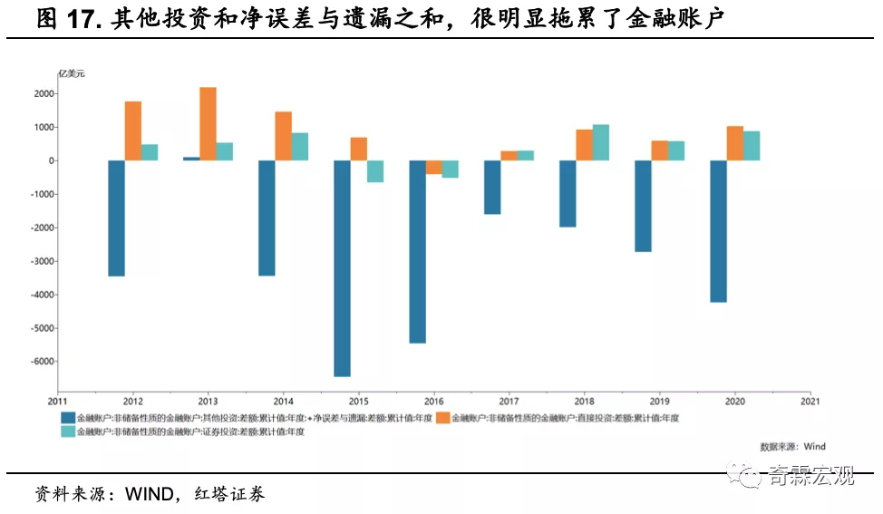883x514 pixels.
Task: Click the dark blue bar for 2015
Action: [342, 268]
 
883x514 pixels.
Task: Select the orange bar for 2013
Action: [208, 124]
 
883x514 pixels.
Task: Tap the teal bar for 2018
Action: [600, 142]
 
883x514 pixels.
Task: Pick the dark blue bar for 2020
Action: [718, 231]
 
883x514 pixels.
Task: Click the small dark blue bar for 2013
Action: [191, 159]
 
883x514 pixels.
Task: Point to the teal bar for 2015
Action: [375, 171]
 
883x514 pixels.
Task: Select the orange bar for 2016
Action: [433, 168]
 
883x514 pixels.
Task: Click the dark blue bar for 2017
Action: [492, 188]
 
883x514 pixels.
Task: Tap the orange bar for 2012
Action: [132, 131]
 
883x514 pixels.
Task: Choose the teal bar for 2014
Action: [300, 147]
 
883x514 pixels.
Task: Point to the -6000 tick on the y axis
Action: [42, 362]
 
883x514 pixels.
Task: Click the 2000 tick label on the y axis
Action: [44, 93]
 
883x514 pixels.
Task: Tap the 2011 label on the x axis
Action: [58, 401]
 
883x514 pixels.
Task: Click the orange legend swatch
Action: [443, 418]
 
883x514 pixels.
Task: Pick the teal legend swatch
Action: [68, 432]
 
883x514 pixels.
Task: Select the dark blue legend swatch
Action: [68, 418]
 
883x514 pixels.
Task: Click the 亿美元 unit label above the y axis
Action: [72, 73]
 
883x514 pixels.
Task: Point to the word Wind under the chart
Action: [814, 446]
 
